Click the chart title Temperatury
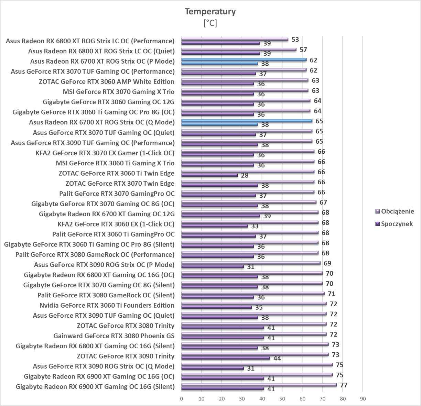[x=210, y=11]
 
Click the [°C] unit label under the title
[x=210, y=23]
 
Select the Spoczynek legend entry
[x=397, y=224]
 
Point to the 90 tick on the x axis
[x=363, y=399]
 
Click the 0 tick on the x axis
[x=181, y=399]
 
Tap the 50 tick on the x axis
[x=282, y=399]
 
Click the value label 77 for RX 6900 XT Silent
[x=343, y=385]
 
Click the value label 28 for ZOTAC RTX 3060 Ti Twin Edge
[x=245, y=175]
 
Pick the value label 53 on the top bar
[x=295, y=40]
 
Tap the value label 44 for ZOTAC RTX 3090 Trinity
[x=277, y=358]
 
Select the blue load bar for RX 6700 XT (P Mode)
[x=244, y=59]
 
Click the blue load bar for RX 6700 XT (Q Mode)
[x=247, y=121]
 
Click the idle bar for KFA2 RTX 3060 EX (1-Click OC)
[x=214, y=226]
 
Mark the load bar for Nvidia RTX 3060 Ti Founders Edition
[x=253, y=304]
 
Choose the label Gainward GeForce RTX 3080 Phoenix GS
[x=114, y=336]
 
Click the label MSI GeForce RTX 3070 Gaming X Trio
[x=118, y=92]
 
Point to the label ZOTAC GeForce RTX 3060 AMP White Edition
[x=107, y=81]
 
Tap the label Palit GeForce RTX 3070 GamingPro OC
[x=117, y=194]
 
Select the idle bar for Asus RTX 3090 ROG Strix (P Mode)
[x=212, y=266]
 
